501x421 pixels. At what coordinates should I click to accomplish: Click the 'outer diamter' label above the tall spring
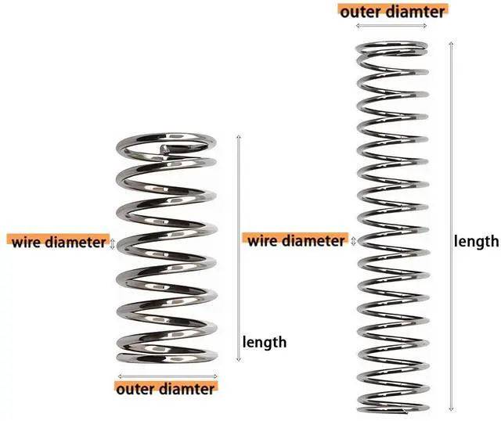point(392,12)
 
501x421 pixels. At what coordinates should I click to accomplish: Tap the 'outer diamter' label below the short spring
point(165,389)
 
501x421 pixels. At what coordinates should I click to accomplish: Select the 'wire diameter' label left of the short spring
point(59,242)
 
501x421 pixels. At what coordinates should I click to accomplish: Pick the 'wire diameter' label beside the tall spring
point(296,240)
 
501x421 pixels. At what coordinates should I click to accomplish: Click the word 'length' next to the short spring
point(265,343)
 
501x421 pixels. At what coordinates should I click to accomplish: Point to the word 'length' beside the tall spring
point(476,241)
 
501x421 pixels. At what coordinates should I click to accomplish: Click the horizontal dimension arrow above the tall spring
point(391,26)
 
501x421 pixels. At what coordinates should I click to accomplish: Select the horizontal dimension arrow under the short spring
point(168,376)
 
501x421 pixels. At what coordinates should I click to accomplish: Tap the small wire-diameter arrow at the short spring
point(112,243)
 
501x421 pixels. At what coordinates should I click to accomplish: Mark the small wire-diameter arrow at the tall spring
point(353,241)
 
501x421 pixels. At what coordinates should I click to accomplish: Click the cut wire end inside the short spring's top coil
point(164,149)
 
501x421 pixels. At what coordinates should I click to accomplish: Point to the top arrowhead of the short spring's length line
point(238,136)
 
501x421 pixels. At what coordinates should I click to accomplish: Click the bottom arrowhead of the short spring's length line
point(238,360)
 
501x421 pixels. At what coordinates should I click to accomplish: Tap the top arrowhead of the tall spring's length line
point(451,43)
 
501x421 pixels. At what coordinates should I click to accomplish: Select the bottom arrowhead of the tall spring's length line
point(451,409)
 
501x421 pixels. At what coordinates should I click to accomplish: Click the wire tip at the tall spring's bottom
point(405,411)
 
